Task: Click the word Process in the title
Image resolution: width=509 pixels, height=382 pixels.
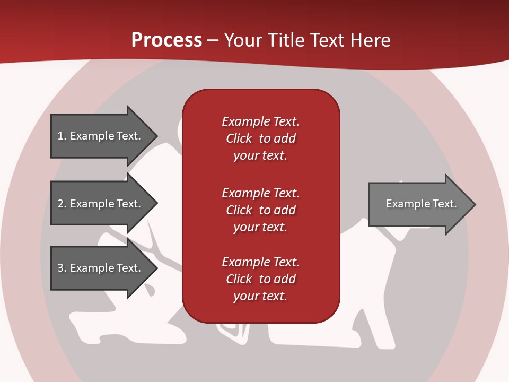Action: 166,40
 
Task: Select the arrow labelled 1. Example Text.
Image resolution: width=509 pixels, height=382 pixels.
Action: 99,136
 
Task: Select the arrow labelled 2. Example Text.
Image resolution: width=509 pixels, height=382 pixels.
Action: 99,204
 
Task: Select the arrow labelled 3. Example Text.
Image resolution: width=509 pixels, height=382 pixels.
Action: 99,268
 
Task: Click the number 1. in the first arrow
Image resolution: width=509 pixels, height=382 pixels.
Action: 62,136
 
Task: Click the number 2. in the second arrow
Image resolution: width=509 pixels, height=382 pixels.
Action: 62,204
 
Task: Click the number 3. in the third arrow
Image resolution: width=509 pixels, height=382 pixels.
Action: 62,268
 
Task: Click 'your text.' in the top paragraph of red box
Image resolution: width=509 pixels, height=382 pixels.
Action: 260,155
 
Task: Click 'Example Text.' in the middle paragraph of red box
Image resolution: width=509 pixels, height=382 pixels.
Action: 260,193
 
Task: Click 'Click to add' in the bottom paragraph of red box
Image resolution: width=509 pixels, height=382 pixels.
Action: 260,279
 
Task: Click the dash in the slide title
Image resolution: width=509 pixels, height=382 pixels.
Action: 213,40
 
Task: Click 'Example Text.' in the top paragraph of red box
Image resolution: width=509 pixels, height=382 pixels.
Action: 260,121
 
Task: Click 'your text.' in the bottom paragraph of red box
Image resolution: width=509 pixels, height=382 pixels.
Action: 260,296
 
